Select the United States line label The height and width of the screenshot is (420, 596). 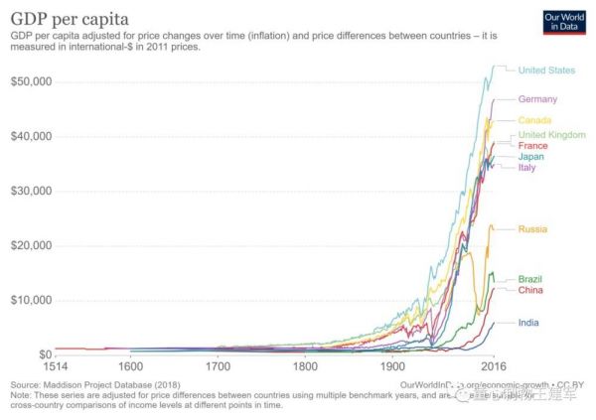[x=546, y=70]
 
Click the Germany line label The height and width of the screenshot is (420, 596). [x=537, y=99]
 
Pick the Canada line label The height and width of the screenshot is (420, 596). [x=535, y=121]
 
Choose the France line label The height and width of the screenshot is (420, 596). [x=532, y=146]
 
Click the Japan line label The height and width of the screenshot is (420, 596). [x=531, y=157]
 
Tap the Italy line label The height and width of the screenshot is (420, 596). [x=527, y=168]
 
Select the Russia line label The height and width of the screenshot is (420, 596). [x=532, y=229]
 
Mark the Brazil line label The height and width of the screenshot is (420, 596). [x=530, y=279]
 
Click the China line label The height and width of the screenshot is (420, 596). [x=530, y=290]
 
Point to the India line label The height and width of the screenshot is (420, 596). [x=528, y=323]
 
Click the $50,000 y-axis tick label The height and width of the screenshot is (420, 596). [x=31, y=80]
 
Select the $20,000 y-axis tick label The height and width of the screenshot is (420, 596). [x=31, y=245]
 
